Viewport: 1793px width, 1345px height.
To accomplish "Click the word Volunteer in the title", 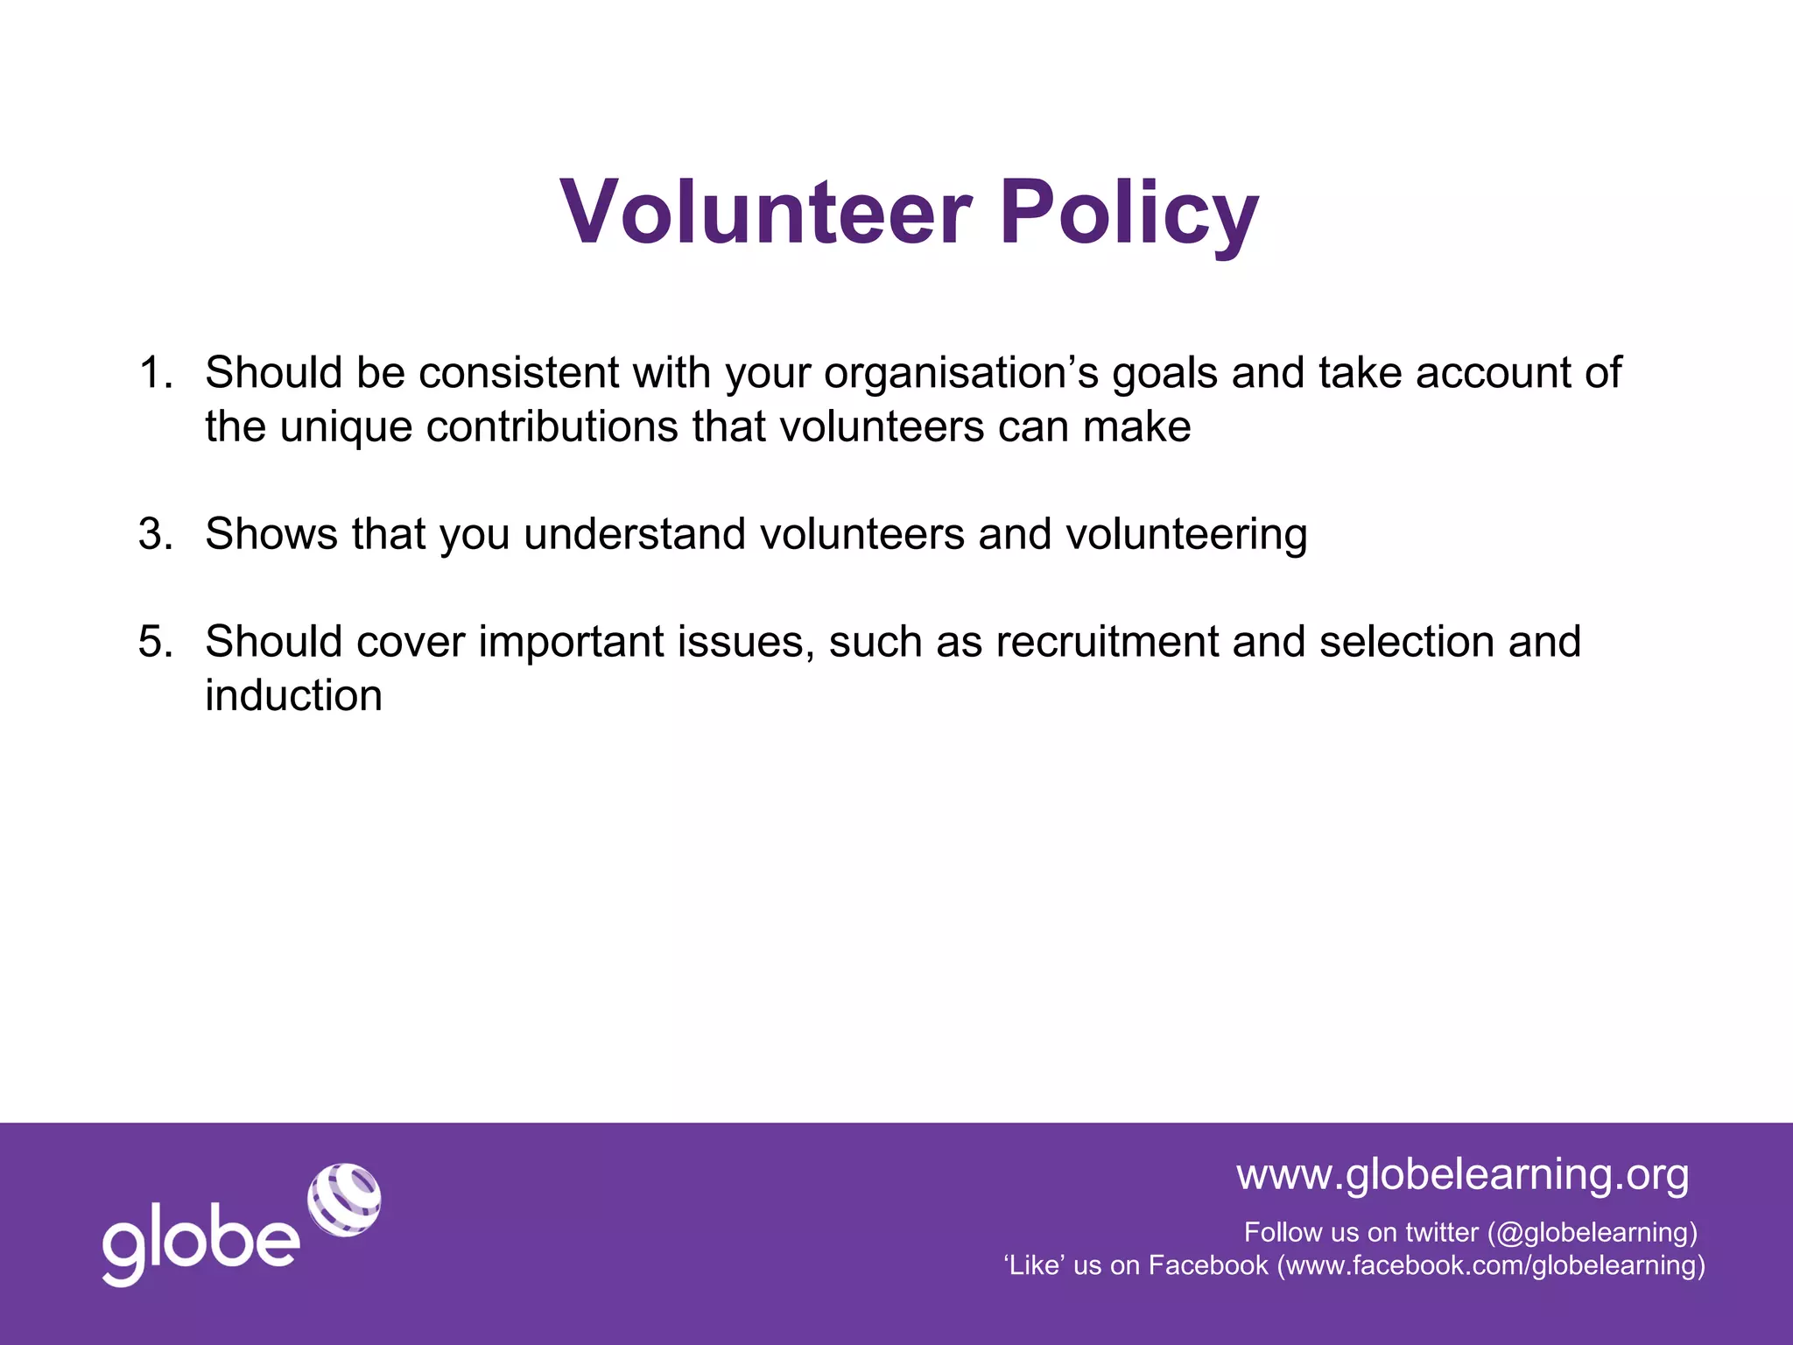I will pos(766,213).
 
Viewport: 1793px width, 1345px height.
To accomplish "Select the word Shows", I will pos(271,534).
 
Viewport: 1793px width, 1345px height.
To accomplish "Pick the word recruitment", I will pos(1107,642).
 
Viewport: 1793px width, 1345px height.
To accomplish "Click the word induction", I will pos(293,697).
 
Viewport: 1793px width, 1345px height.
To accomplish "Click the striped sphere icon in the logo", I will pos(344,1200).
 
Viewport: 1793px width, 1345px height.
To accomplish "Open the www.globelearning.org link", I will pos(1462,1174).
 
